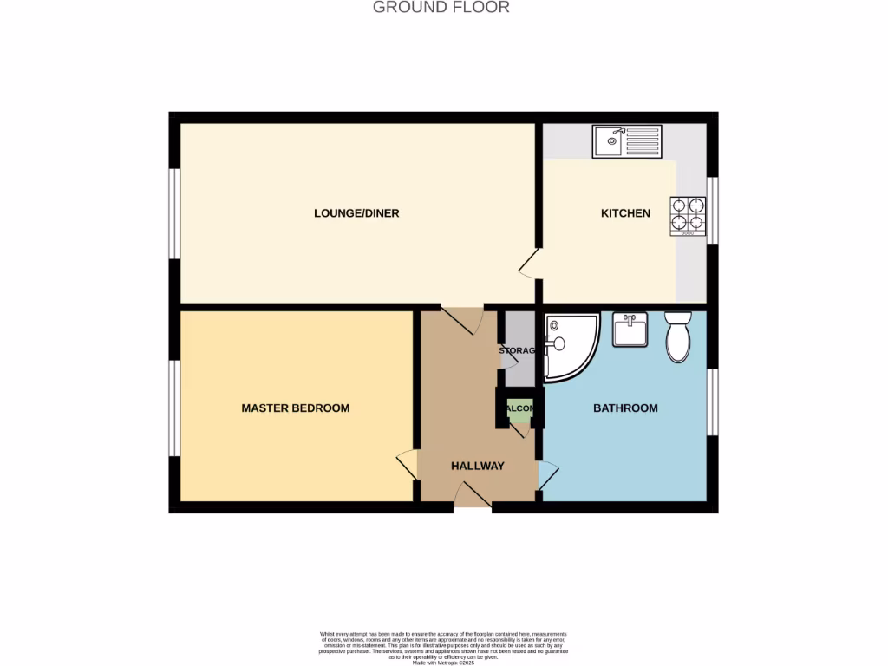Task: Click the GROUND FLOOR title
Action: (x=441, y=8)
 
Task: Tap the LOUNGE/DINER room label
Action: (x=356, y=213)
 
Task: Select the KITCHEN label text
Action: (x=625, y=213)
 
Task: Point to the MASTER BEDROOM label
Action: (x=295, y=408)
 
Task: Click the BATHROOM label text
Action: (x=624, y=408)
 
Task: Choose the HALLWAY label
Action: (x=477, y=466)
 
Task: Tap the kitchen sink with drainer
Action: (x=626, y=141)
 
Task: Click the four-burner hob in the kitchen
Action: (x=688, y=216)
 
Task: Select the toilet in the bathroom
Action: (x=678, y=337)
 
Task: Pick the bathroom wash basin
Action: (x=630, y=330)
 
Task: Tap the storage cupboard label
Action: (x=519, y=351)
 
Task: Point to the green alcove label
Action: (x=519, y=408)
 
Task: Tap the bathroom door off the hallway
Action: (x=548, y=475)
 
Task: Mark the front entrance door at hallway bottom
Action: (x=473, y=497)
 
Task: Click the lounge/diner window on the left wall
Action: (x=174, y=213)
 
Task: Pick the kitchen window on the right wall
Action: (x=712, y=210)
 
